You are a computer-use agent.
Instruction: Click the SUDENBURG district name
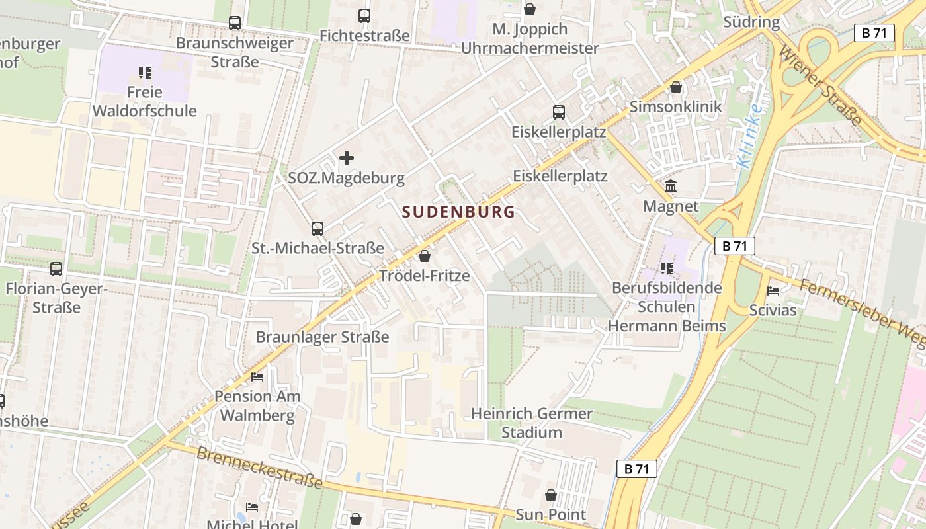click(x=458, y=212)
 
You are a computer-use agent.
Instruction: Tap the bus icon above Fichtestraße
click(x=364, y=15)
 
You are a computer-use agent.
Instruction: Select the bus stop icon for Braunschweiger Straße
click(x=235, y=22)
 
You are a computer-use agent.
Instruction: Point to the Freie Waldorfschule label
click(x=144, y=101)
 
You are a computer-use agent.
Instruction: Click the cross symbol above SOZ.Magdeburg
click(x=346, y=158)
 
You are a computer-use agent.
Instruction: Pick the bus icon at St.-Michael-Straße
click(x=317, y=229)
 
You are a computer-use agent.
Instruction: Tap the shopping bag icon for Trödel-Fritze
click(x=425, y=256)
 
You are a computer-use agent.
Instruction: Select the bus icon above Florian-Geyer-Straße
click(x=56, y=269)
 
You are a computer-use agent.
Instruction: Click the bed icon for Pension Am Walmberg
click(x=257, y=377)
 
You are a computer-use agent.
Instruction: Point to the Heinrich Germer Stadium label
click(x=531, y=423)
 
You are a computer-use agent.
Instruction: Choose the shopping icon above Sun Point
click(x=550, y=495)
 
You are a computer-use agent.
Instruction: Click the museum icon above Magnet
click(x=671, y=186)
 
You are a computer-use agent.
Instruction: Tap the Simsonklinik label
click(x=675, y=106)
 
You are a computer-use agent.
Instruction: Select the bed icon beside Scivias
click(x=773, y=290)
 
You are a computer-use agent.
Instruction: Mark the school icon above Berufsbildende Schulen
click(x=666, y=268)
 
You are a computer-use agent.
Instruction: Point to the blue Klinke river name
click(x=750, y=136)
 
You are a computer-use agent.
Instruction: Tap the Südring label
click(x=751, y=22)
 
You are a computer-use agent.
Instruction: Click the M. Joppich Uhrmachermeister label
click(x=529, y=38)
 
